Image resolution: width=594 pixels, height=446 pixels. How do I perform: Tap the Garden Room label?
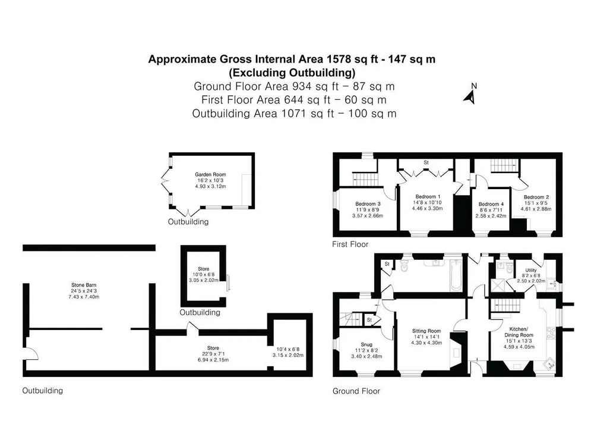(210, 174)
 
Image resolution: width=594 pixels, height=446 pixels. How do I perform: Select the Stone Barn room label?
(84, 285)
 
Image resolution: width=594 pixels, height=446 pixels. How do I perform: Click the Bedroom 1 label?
(428, 196)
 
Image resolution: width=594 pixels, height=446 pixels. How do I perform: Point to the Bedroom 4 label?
(491, 204)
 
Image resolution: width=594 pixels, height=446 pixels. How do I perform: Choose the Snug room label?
(366, 345)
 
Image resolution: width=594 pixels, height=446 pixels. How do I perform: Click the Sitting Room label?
(426, 331)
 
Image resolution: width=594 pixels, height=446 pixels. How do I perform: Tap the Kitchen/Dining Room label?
(519, 332)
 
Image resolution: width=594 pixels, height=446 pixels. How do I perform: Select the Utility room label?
(530, 270)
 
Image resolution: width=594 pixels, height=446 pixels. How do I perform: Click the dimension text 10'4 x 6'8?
(288, 349)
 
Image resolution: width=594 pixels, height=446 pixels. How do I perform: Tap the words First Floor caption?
(350, 244)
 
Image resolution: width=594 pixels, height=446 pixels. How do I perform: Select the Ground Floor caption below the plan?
(356, 391)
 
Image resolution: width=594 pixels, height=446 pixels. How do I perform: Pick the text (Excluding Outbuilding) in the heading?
(292, 72)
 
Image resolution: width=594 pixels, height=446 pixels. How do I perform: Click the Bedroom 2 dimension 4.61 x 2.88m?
(536, 209)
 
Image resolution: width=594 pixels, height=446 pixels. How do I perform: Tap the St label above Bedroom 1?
(426, 162)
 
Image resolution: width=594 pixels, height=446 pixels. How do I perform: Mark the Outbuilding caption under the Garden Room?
(188, 221)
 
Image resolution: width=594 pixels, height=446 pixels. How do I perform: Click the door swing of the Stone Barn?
(32, 353)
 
